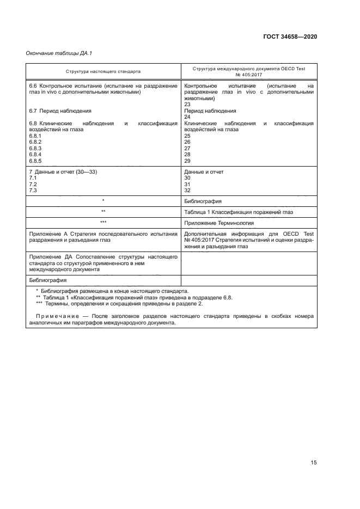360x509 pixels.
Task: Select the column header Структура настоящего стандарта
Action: [x=103, y=71]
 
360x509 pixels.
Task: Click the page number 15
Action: [x=313, y=462]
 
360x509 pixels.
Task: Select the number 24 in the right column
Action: [x=188, y=117]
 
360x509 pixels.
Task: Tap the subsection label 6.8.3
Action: [x=35, y=148]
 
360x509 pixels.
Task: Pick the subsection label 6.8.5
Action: [x=35, y=161]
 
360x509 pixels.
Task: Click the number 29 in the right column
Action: [x=188, y=161]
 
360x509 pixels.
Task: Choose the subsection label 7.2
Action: [x=32, y=185]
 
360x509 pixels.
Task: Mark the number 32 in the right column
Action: [x=188, y=191]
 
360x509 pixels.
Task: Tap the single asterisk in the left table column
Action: [x=103, y=201]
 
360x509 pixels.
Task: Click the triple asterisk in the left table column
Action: [x=103, y=223]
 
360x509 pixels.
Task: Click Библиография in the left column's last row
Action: [x=47, y=280]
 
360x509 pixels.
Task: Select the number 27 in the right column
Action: [x=188, y=148]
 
